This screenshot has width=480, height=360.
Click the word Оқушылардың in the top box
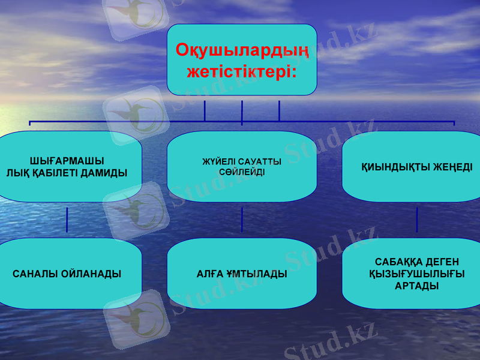tap(242, 50)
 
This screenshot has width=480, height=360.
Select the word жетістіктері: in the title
tap(242, 73)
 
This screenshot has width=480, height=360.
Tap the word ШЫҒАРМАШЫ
tap(67, 161)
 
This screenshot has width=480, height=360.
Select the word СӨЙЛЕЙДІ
tap(242, 172)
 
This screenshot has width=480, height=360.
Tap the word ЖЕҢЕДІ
tap(451, 167)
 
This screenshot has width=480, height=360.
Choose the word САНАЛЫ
tap(34, 274)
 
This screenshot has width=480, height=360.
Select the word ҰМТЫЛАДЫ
tap(257, 274)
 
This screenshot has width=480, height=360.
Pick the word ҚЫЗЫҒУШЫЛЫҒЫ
tap(416, 274)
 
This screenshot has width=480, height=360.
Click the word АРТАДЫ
tap(416, 286)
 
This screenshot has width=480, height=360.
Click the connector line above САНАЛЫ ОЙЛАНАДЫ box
tap(67, 220)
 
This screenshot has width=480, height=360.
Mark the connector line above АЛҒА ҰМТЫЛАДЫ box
tap(242, 220)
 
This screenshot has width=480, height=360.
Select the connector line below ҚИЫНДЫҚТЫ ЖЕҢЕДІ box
tap(417, 220)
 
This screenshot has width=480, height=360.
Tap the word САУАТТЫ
tap(260, 162)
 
